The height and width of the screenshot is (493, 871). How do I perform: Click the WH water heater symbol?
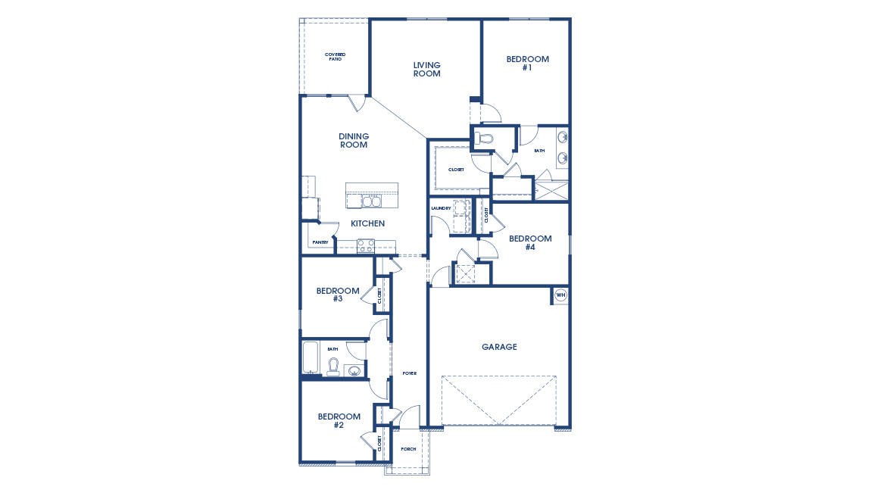point(560,295)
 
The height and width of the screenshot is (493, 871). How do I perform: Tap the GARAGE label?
point(499,347)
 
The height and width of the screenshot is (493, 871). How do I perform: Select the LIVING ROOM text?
point(426,70)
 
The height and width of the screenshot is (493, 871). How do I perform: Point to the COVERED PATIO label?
point(335,57)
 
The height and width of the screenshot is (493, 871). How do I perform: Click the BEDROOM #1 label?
point(527,63)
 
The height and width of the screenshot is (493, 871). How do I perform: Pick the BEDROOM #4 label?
point(530,242)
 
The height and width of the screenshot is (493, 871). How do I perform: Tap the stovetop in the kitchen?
point(366,245)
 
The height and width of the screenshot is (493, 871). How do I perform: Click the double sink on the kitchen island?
point(371,201)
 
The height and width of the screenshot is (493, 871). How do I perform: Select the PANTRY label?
point(320,242)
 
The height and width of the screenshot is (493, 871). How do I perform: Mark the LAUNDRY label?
point(441,208)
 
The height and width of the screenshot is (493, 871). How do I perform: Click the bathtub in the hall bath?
point(311,358)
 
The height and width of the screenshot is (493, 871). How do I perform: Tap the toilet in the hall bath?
point(332,367)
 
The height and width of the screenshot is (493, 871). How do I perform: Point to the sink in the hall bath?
point(354,370)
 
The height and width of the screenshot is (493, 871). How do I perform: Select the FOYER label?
point(409,373)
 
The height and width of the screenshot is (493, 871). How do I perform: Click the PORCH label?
point(408,449)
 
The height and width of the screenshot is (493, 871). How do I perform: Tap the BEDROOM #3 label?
point(338,295)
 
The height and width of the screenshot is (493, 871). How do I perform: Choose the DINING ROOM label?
point(354,141)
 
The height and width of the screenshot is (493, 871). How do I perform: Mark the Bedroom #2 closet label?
point(379,445)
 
